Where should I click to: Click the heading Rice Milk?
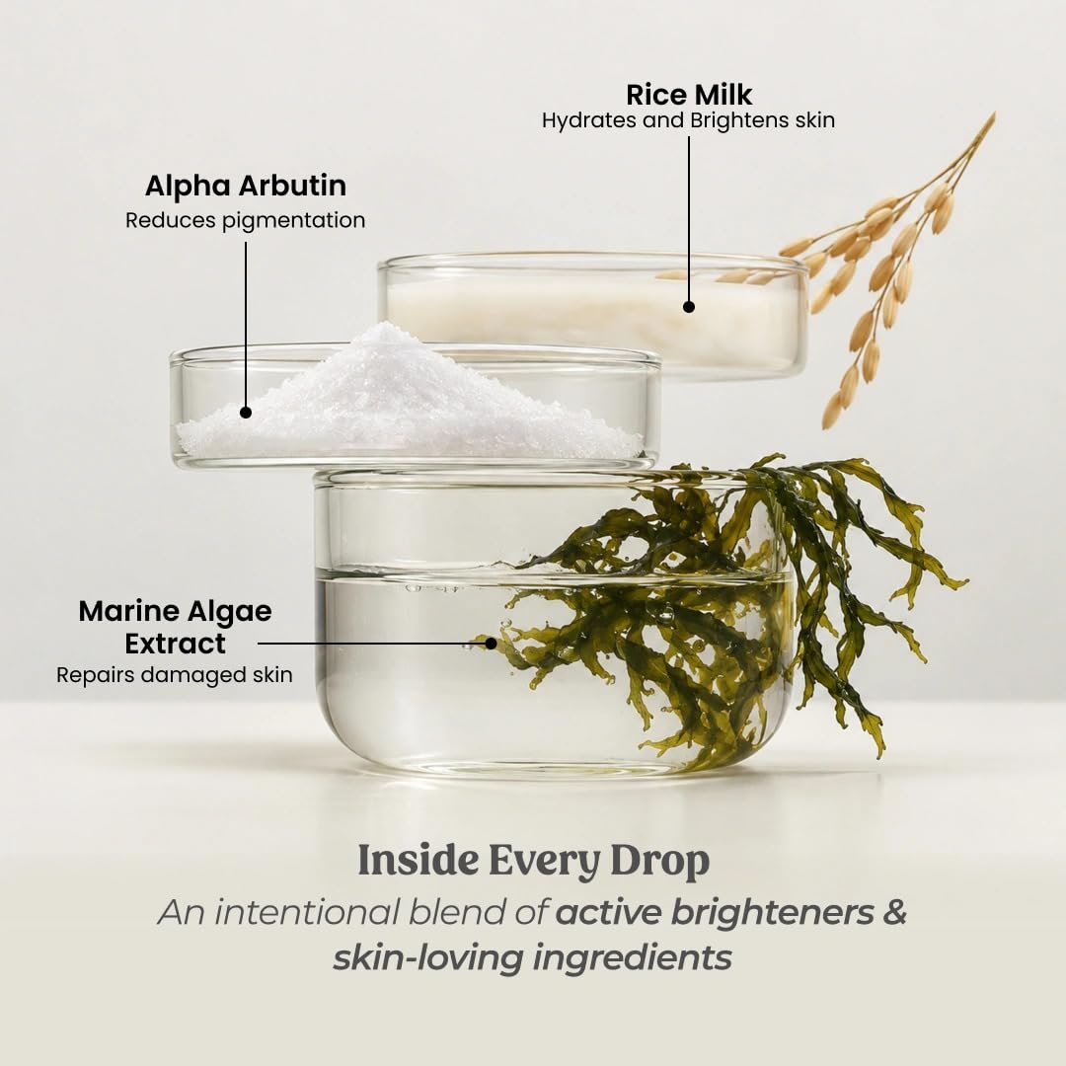pos(689,95)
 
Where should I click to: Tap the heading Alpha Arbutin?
pos(246,186)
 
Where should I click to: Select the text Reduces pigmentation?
pos(246,220)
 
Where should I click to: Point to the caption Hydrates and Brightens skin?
pos(688,120)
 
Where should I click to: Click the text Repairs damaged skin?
pos(175,675)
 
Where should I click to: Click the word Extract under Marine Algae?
pos(176,644)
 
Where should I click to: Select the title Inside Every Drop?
pos(534,862)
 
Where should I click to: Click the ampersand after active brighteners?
pos(894,912)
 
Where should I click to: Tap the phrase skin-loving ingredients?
pos(532,957)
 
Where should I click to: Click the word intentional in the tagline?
pos(307,912)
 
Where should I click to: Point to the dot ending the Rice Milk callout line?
pos(689,307)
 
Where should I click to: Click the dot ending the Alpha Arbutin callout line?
pos(246,412)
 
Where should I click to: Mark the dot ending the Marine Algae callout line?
pos(491,644)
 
